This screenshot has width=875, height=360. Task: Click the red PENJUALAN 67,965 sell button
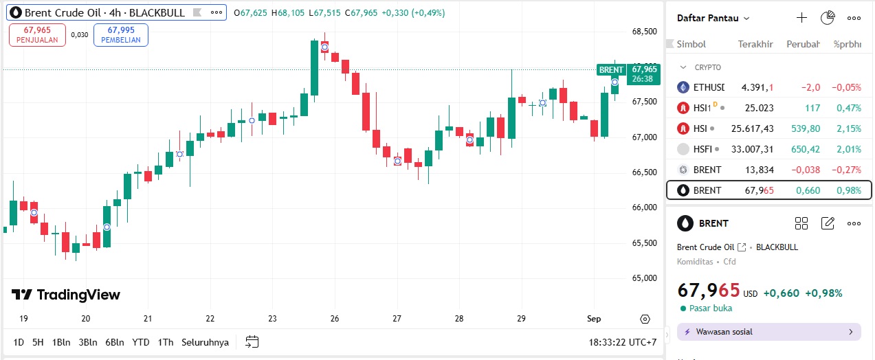37,34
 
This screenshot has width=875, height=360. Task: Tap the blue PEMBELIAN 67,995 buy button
120,34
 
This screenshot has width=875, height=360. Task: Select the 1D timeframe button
19,342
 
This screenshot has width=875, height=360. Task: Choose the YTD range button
141,342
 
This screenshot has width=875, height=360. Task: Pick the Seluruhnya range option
205,342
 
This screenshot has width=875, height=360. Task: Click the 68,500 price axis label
644,32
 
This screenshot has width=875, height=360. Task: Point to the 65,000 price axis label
644,278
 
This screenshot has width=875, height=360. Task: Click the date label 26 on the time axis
335,319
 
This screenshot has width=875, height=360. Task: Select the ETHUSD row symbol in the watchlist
708,87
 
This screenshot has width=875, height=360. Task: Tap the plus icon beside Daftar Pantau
801,18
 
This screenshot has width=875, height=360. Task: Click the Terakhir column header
755,44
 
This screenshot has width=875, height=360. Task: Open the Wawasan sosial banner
768,332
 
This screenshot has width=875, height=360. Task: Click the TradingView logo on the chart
66,295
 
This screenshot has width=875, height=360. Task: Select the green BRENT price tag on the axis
611,69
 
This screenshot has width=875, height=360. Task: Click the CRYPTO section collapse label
707,67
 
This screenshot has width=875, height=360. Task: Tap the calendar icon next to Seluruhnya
252,341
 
